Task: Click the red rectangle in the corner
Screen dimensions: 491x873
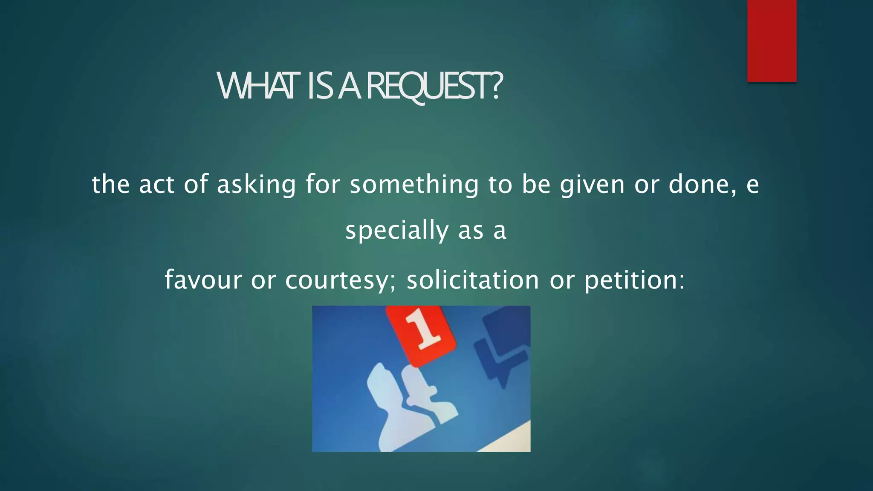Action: (772, 40)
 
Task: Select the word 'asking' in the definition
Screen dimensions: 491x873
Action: (256, 185)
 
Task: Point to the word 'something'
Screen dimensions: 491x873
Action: (414, 185)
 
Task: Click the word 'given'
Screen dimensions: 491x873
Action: (592, 185)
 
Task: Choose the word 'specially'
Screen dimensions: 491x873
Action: (396, 231)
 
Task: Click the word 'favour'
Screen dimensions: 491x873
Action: (203, 280)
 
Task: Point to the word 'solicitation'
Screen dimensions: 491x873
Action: (473, 280)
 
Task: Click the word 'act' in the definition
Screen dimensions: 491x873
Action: (156, 185)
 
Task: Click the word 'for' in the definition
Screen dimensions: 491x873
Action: (323, 185)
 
